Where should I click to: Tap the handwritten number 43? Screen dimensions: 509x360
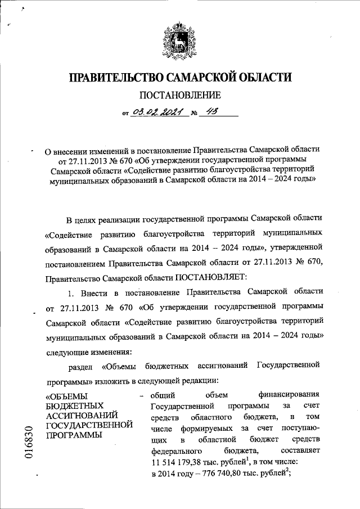[210, 112]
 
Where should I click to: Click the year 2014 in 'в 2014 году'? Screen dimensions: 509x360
[170, 474]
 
